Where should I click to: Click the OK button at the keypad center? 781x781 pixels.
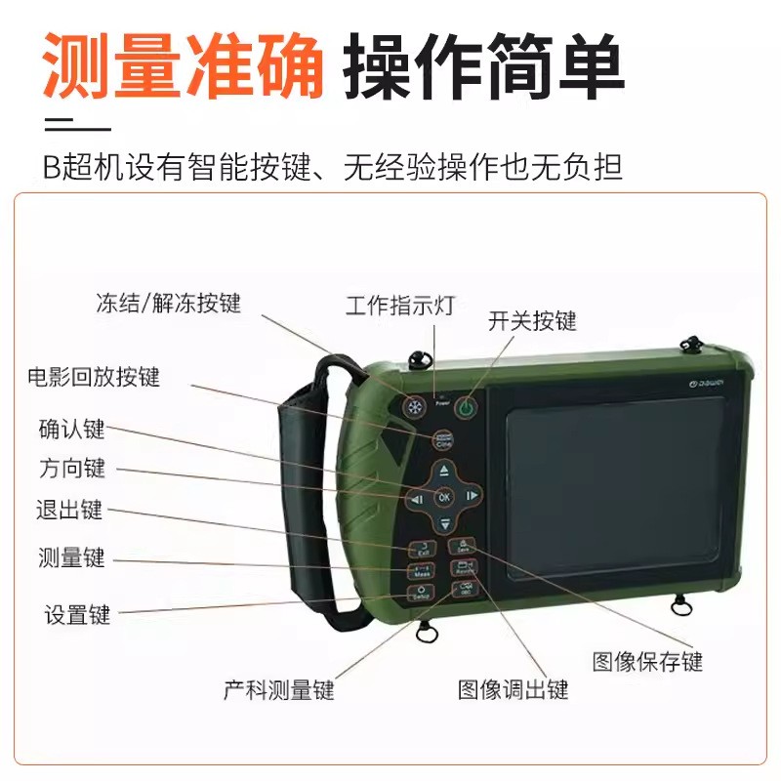tap(444, 496)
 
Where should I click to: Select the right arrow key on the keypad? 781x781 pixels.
tap(472, 496)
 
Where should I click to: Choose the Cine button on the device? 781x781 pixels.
tap(443, 441)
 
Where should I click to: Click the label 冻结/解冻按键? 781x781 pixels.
tap(168, 303)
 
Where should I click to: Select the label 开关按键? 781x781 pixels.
tap(532, 321)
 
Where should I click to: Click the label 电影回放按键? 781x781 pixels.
tap(93, 377)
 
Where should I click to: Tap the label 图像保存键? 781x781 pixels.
tap(647, 661)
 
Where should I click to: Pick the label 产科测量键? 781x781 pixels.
tap(278, 690)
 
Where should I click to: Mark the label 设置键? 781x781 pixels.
tap(77, 615)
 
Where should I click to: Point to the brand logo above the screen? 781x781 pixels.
tap(704, 387)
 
